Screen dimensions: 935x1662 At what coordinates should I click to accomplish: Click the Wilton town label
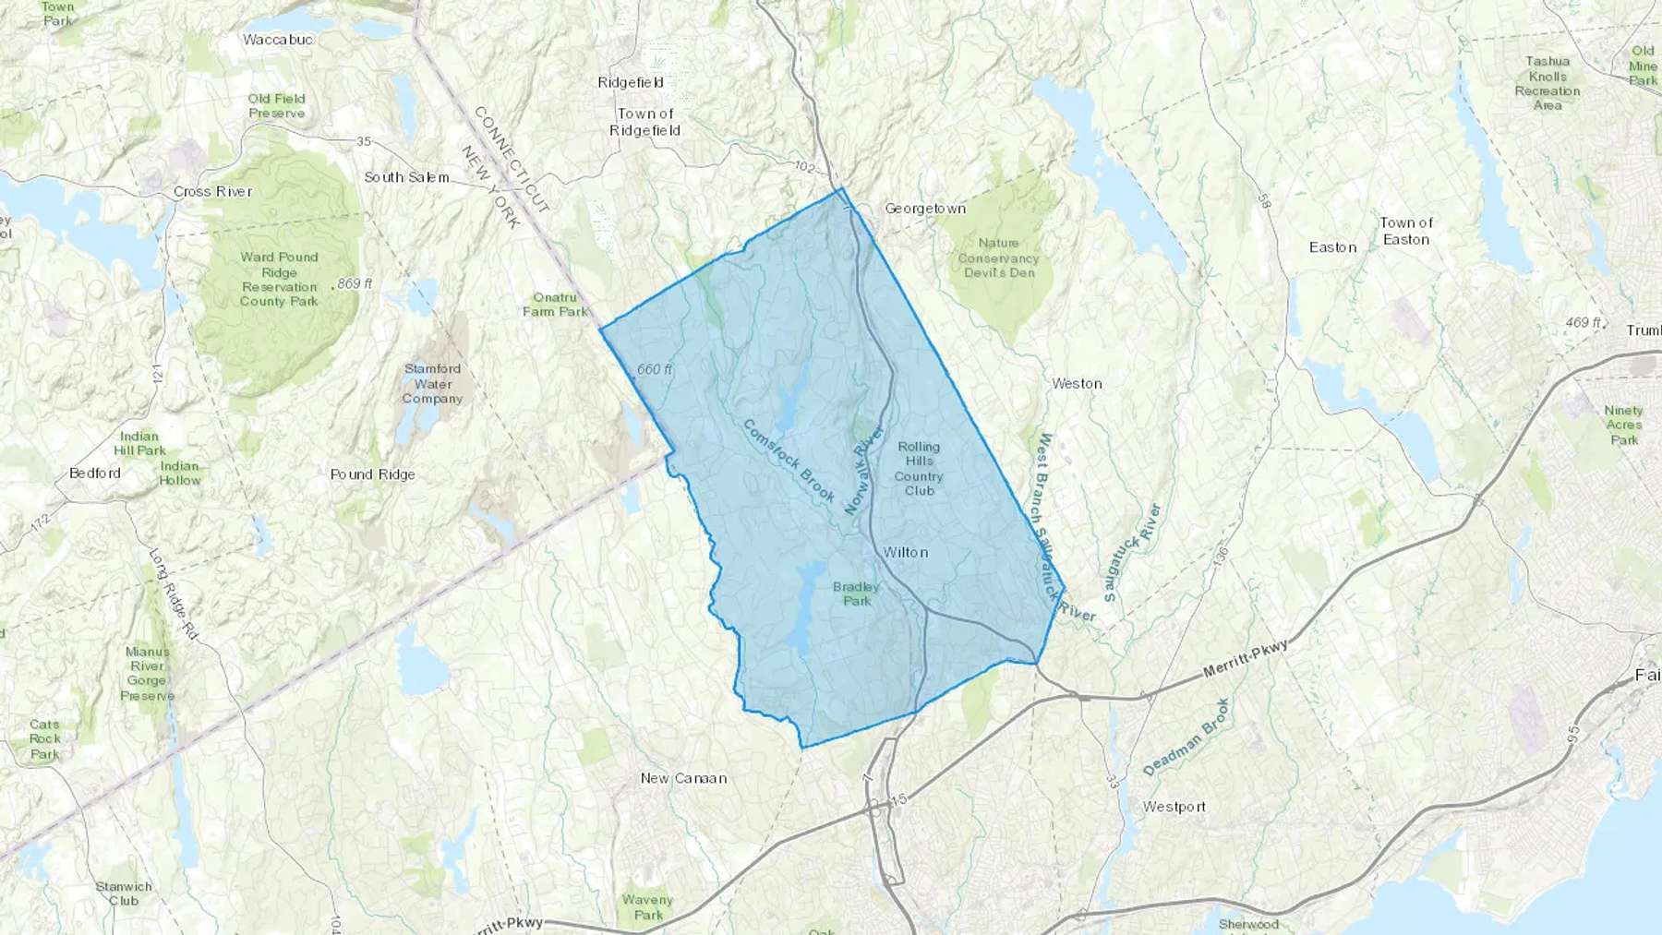(x=905, y=552)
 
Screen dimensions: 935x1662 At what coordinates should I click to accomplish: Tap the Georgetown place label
(x=925, y=209)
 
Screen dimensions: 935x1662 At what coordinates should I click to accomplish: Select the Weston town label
(x=1077, y=383)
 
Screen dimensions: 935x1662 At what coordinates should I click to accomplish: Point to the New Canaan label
(x=683, y=778)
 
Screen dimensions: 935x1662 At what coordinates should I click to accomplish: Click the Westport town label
(x=1174, y=807)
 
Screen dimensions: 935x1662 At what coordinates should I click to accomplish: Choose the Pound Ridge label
(x=372, y=474)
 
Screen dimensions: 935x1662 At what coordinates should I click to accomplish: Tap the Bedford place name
(x=95, y=473)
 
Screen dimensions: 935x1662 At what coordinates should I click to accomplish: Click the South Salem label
(x=406, y=177)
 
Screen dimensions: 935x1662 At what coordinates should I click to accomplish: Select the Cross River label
(x=212, y=192)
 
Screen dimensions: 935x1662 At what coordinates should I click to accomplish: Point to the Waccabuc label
(x=277, y=40)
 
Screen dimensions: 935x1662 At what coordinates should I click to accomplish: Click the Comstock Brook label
(x=789, y=461)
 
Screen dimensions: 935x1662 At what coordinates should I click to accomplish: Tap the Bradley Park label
(x=856, y=593)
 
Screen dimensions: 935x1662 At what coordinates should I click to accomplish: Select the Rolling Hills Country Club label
(x=919, y=469)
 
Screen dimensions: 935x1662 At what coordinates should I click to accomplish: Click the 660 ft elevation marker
(x=654, y=369)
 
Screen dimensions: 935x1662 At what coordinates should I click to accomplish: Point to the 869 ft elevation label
(x=355, y=283)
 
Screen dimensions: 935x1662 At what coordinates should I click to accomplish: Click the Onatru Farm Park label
(x=555, y=305)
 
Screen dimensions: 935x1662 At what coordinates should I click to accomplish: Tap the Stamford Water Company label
(x=432, y=383)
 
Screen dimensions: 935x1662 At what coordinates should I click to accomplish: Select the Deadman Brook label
(x=1186, y=737)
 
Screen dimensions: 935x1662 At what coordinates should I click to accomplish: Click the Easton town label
(x=1332, y=247)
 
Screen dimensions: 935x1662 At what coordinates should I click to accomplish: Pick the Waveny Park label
(x=647, y=907)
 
